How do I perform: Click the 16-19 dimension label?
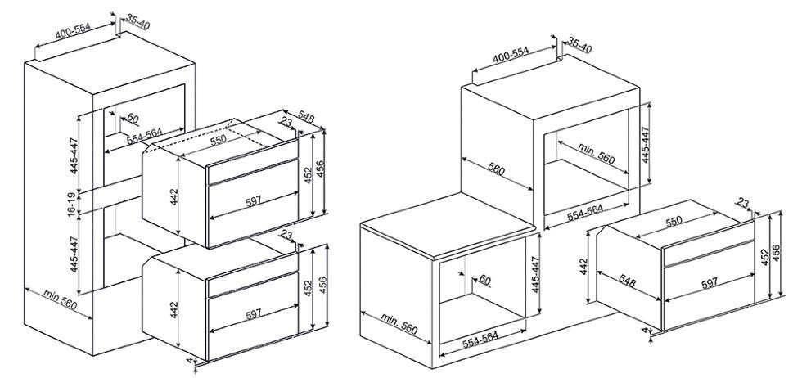click(x=73, y=203)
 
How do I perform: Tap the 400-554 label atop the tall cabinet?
click(x=73, y=30)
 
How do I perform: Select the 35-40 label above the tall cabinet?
click(x=137, y=21)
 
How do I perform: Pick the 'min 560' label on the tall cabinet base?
click(x=60, y=299)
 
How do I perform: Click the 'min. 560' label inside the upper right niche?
click(x=597, y=154)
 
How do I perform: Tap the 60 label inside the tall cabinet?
click(x=133, y=119)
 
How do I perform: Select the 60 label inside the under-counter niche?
click(x=484, y=280)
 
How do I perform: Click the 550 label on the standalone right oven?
click(x=674, y=222)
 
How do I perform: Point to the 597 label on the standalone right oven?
click(x=709, y=283)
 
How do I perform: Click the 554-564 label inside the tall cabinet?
click(x=144, y=136)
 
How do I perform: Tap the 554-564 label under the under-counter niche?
click(x=480, y=340)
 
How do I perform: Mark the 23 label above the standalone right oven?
click(x=742, y=203)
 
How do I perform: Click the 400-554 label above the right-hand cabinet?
click(x=511, y=55)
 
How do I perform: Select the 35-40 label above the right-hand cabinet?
click(x=579, y=44)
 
